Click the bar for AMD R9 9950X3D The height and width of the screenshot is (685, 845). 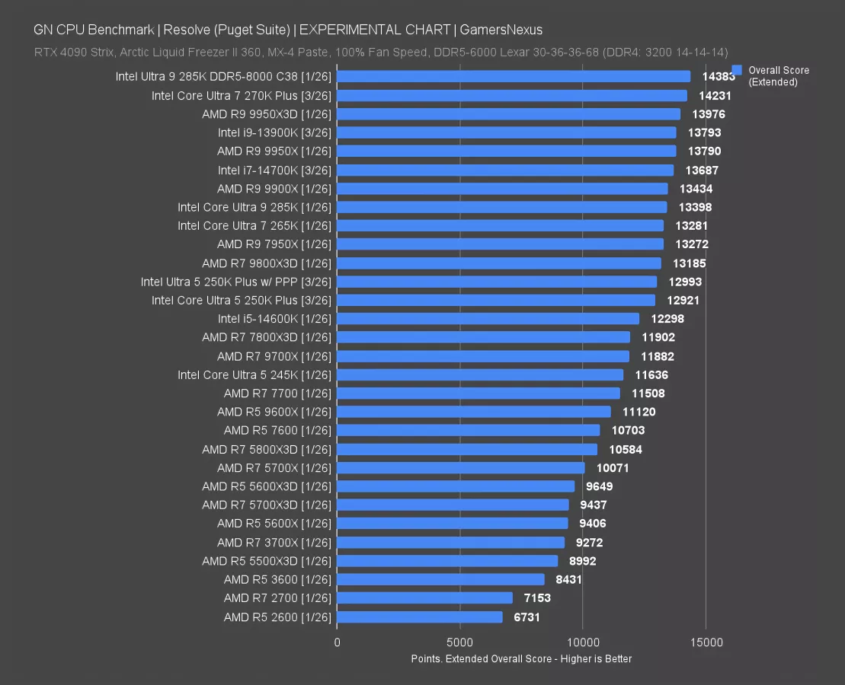[x=508, y=114]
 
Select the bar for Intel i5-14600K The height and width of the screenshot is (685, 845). [x=488, y=319]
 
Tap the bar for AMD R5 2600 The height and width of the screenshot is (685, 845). [x=419, y=617]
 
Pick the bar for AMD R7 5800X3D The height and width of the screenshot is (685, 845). [x=466, y=449]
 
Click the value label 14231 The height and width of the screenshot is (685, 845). [x=715, y=96]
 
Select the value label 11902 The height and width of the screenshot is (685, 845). [x=658, y=337]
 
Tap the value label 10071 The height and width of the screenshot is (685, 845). [x=613, y=468]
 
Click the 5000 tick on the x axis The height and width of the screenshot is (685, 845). [x=460, y=642]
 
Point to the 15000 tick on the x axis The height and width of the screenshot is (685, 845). [x=706, y=642]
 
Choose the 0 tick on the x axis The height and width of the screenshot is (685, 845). [x=338, y=642]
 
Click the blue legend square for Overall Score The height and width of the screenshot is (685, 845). [x=737, y=70]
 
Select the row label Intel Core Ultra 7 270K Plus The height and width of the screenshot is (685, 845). [x=242, y=96]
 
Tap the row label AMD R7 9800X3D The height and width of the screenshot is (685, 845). [x=267, y=263]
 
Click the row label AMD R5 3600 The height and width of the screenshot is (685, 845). [x=277, y=580]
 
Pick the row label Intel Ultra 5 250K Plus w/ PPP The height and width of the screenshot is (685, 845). [x=236, y=282]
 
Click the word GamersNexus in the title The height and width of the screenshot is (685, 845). [x=500, y=30]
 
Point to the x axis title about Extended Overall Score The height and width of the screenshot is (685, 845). [x=521, y=658]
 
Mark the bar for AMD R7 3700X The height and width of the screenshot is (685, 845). [x=450, y=543]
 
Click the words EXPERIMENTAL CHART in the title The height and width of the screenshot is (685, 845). [x=375, y=30]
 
